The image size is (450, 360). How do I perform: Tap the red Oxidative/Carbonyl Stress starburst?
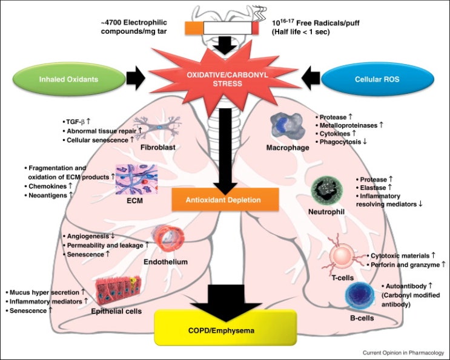pos(223,77)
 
